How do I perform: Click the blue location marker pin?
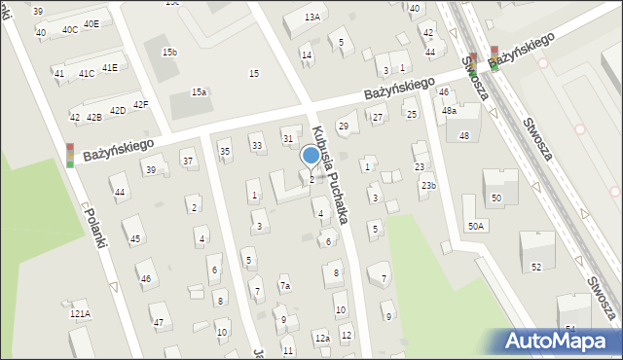point(311,156)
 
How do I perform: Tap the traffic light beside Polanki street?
point(70,156)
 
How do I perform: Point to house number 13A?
point(311,17)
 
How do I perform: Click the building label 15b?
point(169,52)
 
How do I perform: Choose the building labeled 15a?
point(199,91)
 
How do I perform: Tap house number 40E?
point(91,23)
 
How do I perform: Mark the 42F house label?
point(140,104)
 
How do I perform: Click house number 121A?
point(80,314)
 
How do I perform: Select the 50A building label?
point(475,226)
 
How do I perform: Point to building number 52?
point(535,267)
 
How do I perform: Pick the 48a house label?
point(449,111)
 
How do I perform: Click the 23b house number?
point(428,185)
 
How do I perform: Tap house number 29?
point(343,126)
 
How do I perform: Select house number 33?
point(257,146)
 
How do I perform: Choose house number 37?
point(188,161)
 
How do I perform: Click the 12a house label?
point(321,338)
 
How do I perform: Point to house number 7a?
point(285,286)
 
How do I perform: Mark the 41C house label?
point(87,73)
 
